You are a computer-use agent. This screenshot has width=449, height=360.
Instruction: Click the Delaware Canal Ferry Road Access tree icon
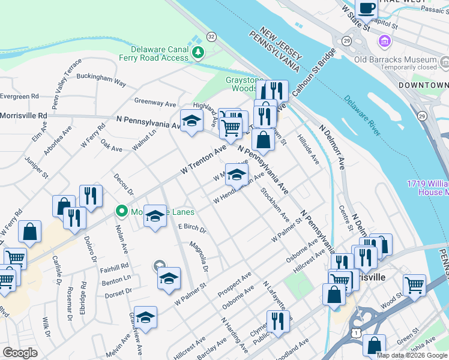pyautogui.click(x=198, y=53)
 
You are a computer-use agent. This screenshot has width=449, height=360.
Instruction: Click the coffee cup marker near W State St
pyautogui.click(x=366, y=9)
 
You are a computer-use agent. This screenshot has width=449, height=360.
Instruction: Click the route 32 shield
pyautogui.click(x=211, y=37)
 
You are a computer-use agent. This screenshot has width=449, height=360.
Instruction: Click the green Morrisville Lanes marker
pyautogui.click(x=122, y=211)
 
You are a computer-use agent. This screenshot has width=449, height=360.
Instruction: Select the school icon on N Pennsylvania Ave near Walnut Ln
pyautogui.click(x=191, y=121)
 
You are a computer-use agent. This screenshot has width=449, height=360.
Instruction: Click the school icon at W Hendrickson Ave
pyautogui.click(x=237, y=175)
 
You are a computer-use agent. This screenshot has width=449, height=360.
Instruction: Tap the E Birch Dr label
pyautogui.click(x=192, y=229)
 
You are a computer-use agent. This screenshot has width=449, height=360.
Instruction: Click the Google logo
pyautogui.click(x=20, y=353)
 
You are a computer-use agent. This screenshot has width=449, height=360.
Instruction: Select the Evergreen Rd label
pyautogui.click(x=19, y=95)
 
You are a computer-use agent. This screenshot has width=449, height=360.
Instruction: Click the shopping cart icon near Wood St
pyautogui.click(x=414, y=285)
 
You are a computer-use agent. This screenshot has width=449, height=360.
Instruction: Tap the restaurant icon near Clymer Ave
pyautogui.click(x=277, y=321)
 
